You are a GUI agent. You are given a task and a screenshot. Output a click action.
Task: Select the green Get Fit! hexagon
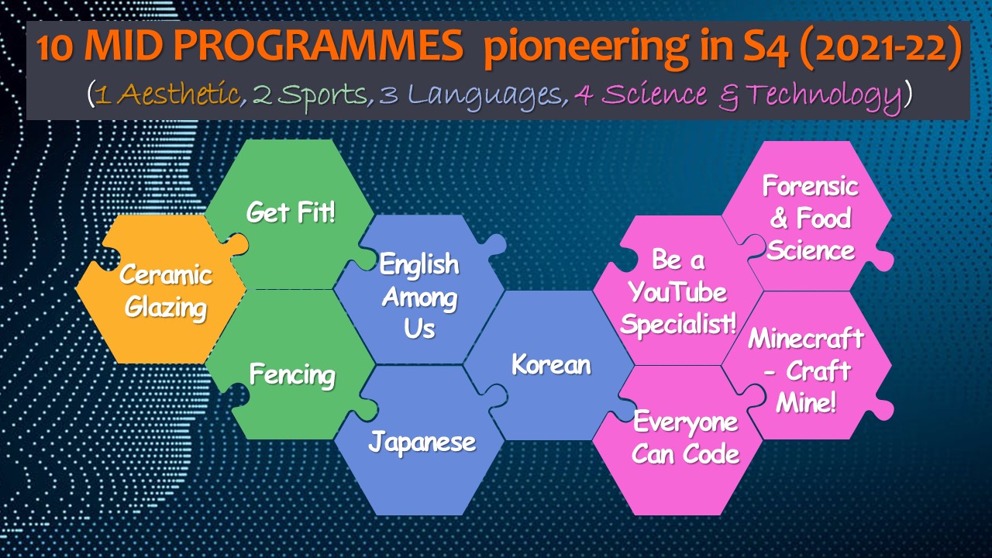pyautogui.click(x=290, y=212)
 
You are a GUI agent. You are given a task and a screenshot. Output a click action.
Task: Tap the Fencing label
pyautogui.click(x=292, y=374)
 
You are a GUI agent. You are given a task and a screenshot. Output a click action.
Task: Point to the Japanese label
pyautogui.click(x=422, y=442)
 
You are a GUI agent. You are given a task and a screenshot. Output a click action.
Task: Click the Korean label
pyautogui.click(x=551, y=365)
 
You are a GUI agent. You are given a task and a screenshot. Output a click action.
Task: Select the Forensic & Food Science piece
pyautogui.click(x=811, y=217)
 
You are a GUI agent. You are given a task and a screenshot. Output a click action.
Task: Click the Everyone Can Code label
pyautogui.click(x=686, y=438)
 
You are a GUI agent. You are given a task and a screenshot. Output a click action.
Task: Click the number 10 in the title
pyautogui.click(x=54, y=47)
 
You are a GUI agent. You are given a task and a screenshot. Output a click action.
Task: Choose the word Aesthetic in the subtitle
pyautogui.click(x=179, y=94)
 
